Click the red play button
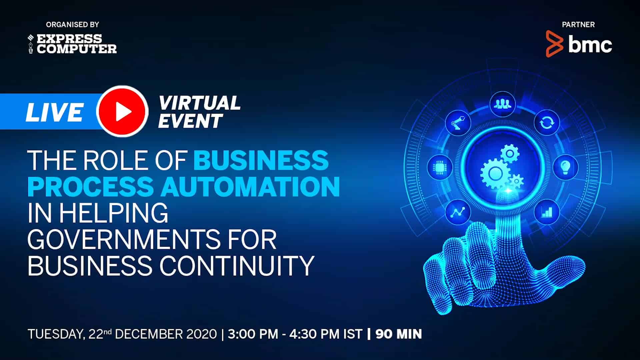tap(122, 111)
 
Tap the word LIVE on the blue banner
tap(54, 112)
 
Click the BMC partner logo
tap(579, 44)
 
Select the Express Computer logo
tap(72, 44)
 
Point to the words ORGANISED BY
tap(73, 24)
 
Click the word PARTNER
tap(578, 24)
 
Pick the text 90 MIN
tap(399, 334)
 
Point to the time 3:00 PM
tap(253, 334)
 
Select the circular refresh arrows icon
tap(547, 123)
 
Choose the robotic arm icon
tap(458, 123)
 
